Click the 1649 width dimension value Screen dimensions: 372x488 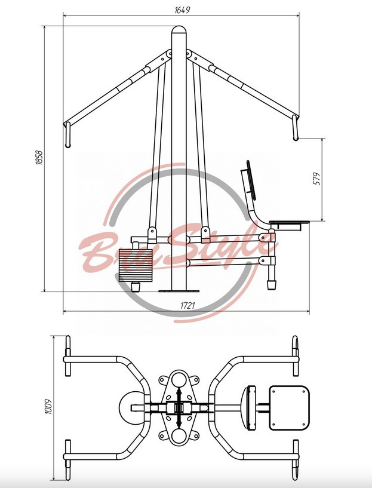click(182, 10)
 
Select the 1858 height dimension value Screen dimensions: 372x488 click(39, 158)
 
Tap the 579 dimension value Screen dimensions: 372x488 click(316, 179)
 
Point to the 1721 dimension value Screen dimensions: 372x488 click(187, 306)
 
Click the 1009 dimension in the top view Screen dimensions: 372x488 click(48, 406)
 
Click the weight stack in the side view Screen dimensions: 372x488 click(136, 265)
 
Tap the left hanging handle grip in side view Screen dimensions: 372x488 click(67, 135)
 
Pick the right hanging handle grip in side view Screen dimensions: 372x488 click(295, 128)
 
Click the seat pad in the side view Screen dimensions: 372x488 click(289, 223)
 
